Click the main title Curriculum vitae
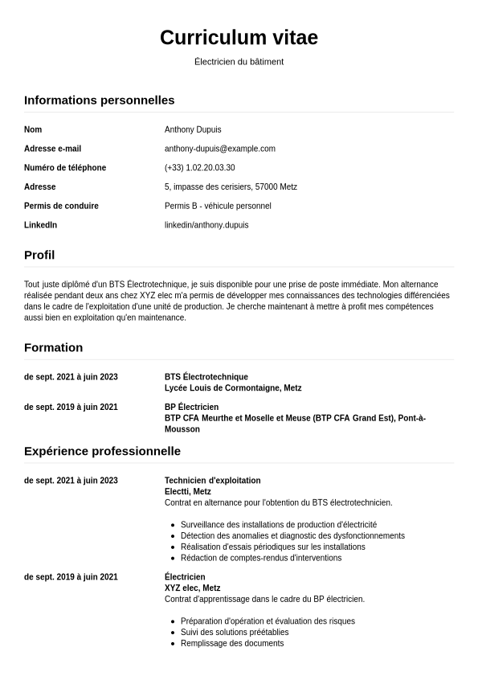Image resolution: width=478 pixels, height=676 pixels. click(x=239, y=38)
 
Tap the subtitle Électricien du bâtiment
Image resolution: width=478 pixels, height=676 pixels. click(x=239, y=62)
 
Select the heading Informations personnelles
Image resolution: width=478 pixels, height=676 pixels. click(x=99, y=100)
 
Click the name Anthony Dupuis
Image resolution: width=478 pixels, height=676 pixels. click(x=193, y=129)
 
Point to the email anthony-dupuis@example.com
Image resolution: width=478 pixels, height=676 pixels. click(x=219, y=149)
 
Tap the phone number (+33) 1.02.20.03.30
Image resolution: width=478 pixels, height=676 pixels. click(x=199, y=168)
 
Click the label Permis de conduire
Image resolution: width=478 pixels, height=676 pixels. click(x=61, y=206)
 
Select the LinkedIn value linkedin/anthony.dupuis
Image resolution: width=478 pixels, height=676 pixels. click(x=206, y=225)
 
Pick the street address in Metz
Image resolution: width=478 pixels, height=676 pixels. click(x=231, y=186)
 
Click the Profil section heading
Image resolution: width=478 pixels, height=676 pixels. click(x=39, y=256)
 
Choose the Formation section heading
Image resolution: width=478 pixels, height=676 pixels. click(x=53, y=348)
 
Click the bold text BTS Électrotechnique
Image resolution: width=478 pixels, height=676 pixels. click(x=206, y=377)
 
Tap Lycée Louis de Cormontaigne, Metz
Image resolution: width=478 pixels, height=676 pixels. click(x=233, y=388)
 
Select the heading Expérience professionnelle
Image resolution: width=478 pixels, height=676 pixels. click(x=102, y=452)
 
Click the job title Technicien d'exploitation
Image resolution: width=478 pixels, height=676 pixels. click(x=212, y=481)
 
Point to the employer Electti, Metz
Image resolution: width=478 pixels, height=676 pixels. click(x=187, y=492)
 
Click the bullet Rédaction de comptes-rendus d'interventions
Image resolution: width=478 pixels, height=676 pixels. click(x=261, y=558)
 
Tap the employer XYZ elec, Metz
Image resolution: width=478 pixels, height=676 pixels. click(x=192, y=588)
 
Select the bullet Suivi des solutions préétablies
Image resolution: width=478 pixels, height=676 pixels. click(x=235, y=633)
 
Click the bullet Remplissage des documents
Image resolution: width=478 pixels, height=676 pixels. click(x=232, y=644)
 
